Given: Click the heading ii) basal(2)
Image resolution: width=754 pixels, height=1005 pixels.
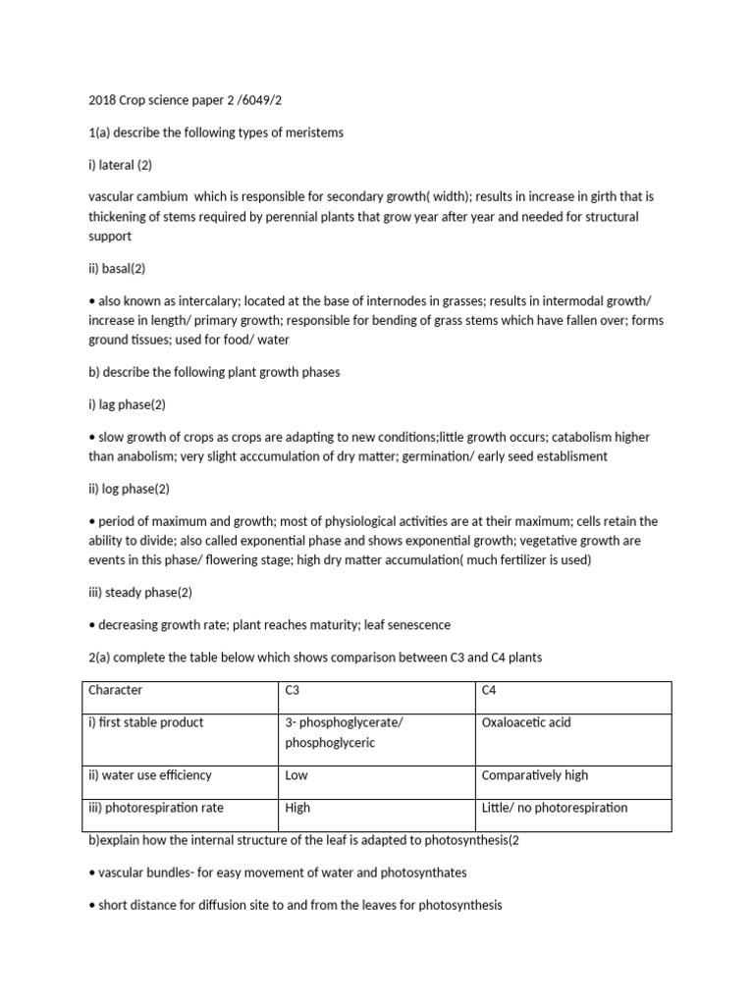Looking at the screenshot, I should (117, 269).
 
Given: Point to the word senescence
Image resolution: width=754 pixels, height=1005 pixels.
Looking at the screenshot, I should (419, 625).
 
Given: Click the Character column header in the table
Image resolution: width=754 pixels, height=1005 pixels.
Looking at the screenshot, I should (115, 691).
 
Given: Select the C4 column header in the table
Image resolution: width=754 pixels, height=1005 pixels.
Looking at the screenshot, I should (489, 691).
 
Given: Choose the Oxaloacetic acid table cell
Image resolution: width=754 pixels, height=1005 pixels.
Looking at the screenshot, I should (526, 723).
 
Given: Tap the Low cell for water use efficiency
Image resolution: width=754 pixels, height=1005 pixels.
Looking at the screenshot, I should (296, 775).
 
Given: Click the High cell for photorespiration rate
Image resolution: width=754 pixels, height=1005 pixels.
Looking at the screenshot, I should (297, 808).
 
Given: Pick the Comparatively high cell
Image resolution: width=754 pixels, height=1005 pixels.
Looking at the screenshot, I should (535, 775).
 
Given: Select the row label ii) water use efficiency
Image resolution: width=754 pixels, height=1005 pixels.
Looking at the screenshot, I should (150, 775).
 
